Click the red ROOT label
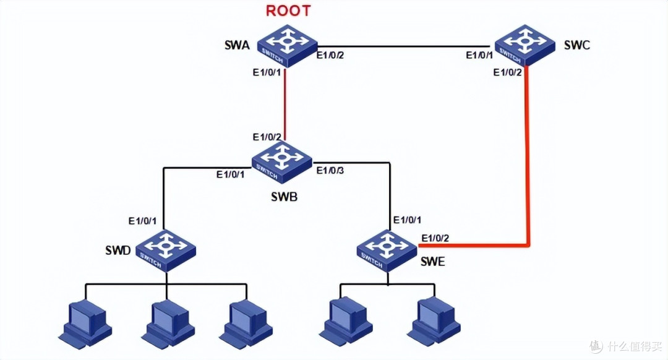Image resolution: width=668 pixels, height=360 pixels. coord(288,11)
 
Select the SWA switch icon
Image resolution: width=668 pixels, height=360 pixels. coord(288,46)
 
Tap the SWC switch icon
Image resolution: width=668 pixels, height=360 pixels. coord(525,45)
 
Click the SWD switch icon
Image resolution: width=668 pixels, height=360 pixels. coord(166,251)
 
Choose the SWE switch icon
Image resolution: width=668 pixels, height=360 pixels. coord(387,251)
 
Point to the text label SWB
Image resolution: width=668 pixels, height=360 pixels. coord(284,197)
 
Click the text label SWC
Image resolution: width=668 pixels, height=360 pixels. coord(577,45)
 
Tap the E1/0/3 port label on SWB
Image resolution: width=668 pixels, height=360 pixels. coord(330,171)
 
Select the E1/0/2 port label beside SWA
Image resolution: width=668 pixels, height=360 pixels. coord(330,55)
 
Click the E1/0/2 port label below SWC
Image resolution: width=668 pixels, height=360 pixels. coord(507,72)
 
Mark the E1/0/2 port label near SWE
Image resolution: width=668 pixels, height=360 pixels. coord(435,238)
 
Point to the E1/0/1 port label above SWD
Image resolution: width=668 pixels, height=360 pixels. coord(142,221)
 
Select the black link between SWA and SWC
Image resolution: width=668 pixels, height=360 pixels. coord(404,46)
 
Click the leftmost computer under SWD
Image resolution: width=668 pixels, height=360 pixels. coord(85,324)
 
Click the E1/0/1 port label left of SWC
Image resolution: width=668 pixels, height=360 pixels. coord(479,56)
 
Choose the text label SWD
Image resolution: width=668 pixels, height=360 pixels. coord(118,251)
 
